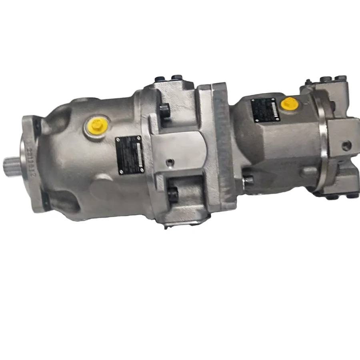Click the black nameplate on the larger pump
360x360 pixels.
[129, 154]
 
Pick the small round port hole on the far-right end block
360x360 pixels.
[346, 145]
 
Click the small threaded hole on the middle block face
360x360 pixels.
[171, 162]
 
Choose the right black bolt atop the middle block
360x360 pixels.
[177, 77]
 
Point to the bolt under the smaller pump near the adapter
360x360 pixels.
[248, 181]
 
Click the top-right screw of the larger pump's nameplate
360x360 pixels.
[139, 138]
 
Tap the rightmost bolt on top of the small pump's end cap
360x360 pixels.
[341, 78]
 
